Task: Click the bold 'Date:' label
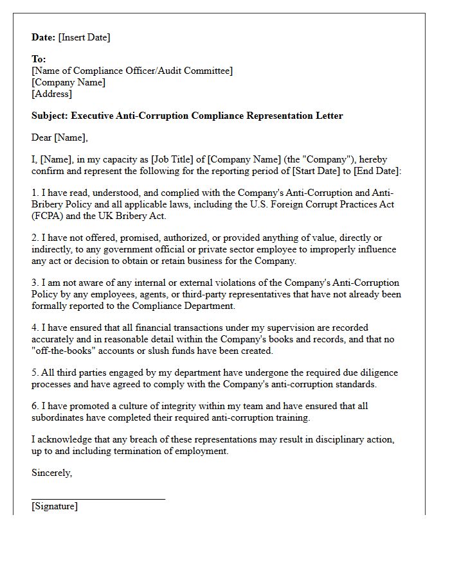point(43,37)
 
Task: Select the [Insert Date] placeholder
point(84,37)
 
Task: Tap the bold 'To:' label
point(39,59)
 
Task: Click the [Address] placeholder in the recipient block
point(52,94)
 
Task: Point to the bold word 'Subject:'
point(50,116)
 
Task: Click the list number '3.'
point(35,283)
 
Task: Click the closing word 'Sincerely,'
point(52,473)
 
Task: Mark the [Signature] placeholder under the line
point(55,506)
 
